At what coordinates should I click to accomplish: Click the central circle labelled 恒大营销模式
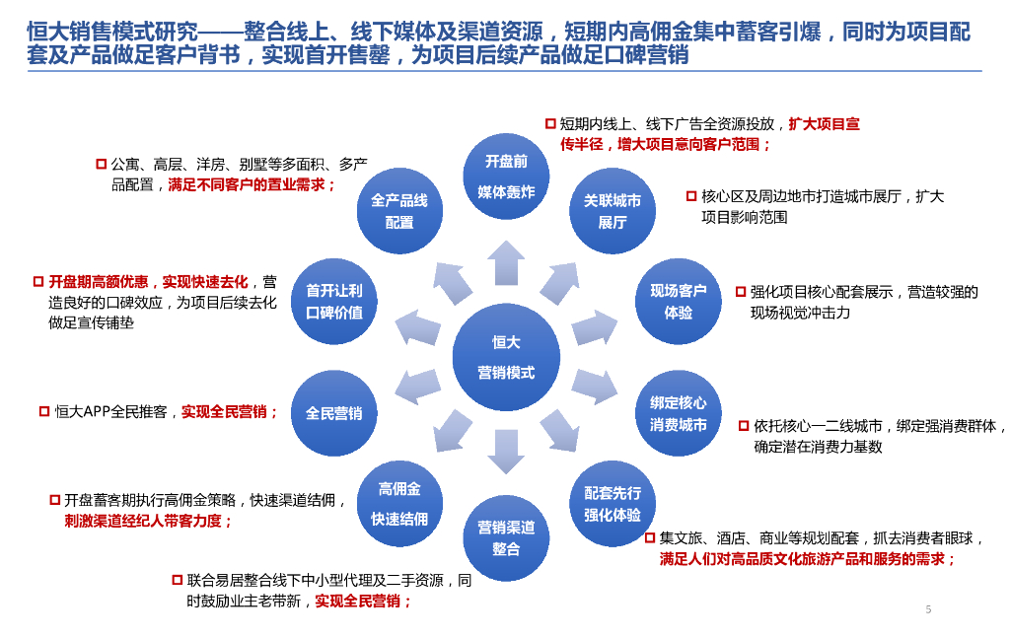(506, 357)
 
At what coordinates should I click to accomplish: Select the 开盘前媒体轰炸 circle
(506, 177)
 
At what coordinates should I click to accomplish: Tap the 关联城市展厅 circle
(613, 211)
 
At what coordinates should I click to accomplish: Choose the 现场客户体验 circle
(678, 302)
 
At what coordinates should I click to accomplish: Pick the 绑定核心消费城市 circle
(678, 414)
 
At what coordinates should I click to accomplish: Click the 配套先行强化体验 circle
(613, 503)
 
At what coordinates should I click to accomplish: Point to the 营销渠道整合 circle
(506, 537)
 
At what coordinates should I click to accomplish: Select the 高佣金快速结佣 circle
(399, 503)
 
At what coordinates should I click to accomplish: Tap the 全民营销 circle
(334, 414)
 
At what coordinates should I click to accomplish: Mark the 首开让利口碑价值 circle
(334, 302)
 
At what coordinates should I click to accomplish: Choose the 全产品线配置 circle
(399, 211)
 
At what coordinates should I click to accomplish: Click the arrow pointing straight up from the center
(506, 263)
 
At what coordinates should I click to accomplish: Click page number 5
(928, 609)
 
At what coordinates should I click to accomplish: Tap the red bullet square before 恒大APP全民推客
(44, 411)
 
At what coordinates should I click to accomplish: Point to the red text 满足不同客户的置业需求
(252, 184)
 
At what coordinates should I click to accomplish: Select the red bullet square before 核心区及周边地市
(691, 196)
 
